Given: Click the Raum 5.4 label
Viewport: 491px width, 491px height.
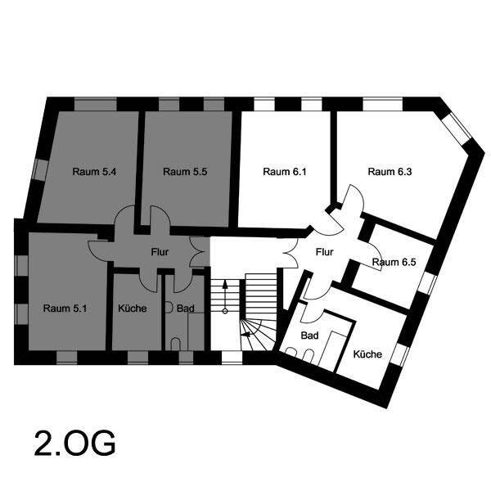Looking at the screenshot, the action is coord(94,172).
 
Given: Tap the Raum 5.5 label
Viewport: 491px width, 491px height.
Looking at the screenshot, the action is coord(185,172).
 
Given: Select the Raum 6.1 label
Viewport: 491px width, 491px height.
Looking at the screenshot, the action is coord(285,172).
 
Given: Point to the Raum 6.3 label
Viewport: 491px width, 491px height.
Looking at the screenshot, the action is coord(390,172).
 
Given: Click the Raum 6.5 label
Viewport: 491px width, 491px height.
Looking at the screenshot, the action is coord(394,262).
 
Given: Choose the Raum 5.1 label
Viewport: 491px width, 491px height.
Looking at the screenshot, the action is coord(65,309).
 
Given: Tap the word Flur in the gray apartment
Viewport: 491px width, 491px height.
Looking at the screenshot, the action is coord(160,252).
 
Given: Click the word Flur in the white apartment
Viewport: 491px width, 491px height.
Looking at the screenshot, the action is coord(324,252).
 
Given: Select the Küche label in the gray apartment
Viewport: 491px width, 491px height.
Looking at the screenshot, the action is coord(132,309).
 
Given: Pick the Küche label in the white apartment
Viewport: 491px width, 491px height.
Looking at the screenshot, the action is coord(367,354).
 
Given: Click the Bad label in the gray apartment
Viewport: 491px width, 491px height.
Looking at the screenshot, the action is coord(186,309).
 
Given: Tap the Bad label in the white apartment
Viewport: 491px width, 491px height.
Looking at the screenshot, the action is coord(309,336).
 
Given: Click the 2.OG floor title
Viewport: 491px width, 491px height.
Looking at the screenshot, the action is coord(74,444).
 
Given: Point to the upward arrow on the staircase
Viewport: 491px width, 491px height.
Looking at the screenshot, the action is coord(225,295).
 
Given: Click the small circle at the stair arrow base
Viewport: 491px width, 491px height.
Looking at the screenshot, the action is coord(225,311).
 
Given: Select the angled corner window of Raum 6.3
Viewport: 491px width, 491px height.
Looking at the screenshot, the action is coord(457,126).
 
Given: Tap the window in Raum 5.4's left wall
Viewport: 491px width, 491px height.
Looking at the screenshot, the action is coord(41,169).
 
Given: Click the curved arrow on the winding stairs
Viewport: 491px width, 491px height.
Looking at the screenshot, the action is coord(253,329).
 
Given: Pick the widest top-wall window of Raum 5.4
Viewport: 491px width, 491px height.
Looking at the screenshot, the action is coord(96,104).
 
